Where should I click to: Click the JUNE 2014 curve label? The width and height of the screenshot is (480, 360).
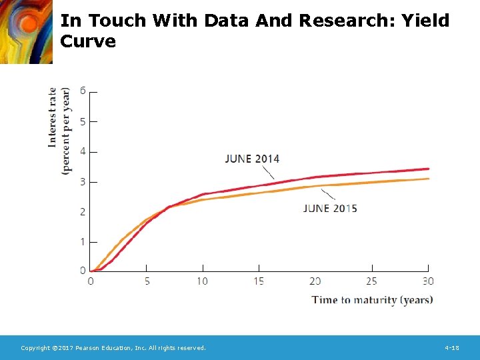tap(252, 159)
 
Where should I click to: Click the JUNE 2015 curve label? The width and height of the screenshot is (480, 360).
tap(330, 209)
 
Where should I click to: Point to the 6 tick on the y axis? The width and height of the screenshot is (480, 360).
tap(83, 91)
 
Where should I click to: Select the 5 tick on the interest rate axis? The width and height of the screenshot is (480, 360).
tap(83, 121)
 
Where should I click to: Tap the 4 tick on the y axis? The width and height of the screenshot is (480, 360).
tap(83, 151)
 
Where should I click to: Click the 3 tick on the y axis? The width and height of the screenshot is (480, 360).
tap(83, 182)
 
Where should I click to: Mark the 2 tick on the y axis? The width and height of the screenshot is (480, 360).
tap(83, 212)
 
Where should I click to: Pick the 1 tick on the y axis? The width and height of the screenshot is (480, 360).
tap(83, 242)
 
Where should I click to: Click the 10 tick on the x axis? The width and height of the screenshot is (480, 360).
tap(202, 281)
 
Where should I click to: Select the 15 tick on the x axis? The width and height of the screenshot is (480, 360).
tap(258, 281)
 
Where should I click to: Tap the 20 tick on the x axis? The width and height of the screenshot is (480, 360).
tap(315, 281)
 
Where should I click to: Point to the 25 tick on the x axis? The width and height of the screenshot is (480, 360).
tap(371, 281)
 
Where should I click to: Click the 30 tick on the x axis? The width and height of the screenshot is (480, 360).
tap(427, 281)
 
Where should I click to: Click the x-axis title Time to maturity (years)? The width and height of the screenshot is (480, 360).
tap(372, 300)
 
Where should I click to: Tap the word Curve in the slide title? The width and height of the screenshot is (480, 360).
tap(87, 41)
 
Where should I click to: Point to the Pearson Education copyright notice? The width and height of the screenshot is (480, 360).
tap(113, 348)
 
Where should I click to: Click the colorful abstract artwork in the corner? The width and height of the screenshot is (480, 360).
tap(25, 31)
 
